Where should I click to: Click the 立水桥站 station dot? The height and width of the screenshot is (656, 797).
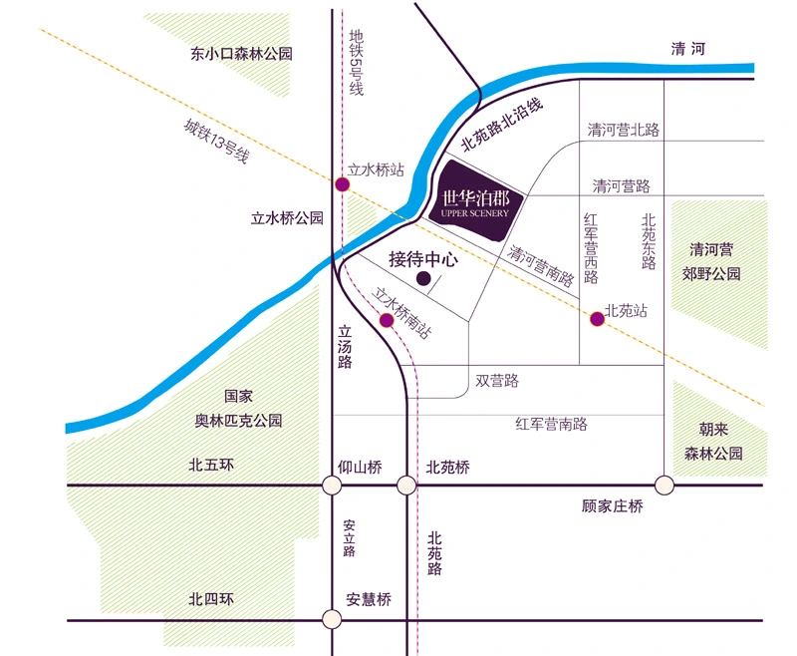[342, 184]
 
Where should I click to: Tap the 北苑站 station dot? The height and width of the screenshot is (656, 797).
[597, 319]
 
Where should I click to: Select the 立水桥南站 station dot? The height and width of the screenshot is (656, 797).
[387, 319]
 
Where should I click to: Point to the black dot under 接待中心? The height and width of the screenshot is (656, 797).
[423, 280]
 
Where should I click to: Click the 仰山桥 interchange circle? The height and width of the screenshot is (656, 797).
[332, 486]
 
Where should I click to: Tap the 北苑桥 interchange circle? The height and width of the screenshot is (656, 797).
[406, 486]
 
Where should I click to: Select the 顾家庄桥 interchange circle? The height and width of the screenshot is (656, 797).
[664, 486]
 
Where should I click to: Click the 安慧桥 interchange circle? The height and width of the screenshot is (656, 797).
[332, 619]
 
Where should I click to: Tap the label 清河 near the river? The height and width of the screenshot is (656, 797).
[688, 49]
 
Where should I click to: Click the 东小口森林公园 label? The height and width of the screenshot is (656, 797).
[242, 54]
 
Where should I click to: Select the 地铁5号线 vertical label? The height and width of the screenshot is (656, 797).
[356, 62]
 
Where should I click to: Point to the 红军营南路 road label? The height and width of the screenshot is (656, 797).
[551, 424]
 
